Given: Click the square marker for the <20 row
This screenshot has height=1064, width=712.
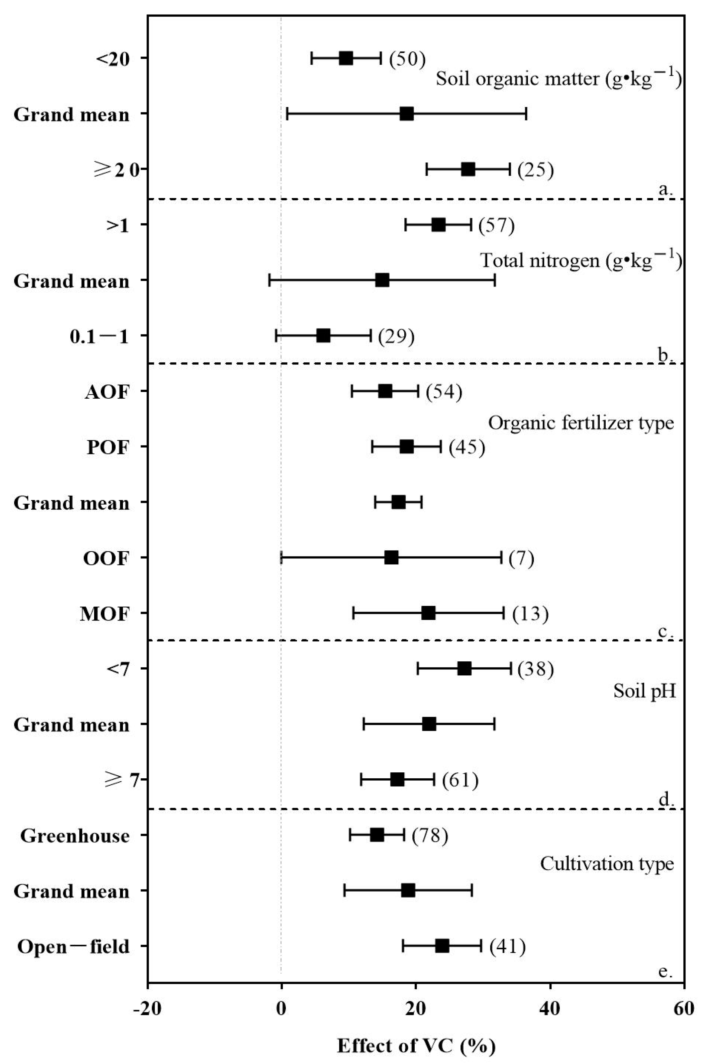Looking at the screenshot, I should [346, 58].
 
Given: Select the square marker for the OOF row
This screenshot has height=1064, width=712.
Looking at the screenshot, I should [391, 557].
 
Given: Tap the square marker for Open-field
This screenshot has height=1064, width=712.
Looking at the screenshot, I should [442, 946].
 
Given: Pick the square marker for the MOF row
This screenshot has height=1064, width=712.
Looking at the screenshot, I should [428, 613].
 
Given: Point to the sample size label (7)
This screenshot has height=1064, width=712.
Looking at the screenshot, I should [521, 558].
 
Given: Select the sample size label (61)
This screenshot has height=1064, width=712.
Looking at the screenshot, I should [460, 780].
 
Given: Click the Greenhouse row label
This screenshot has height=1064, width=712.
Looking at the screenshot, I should [75, 836].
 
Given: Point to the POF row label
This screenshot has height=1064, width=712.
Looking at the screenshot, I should [108, 447].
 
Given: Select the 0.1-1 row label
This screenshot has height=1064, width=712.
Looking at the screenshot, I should [99, 337].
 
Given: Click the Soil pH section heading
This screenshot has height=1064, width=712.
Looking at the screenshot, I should [644, 691].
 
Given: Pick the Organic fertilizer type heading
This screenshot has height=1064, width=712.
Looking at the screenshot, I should [581, 423].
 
